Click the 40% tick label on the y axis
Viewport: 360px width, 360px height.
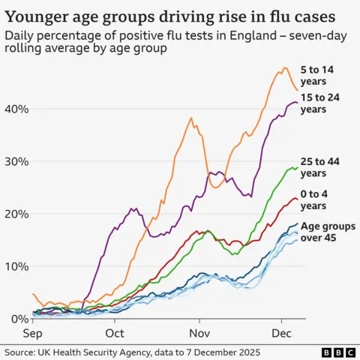pos(16,109)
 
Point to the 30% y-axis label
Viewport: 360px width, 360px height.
pos(16,161)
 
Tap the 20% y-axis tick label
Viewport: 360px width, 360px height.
pos(16,214)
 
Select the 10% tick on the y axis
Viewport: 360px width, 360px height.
pos(16,266)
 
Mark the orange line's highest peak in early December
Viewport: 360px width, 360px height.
pos(284,67)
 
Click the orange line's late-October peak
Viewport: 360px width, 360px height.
pos(190,118)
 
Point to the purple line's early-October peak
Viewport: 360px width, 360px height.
pos(133,208)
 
